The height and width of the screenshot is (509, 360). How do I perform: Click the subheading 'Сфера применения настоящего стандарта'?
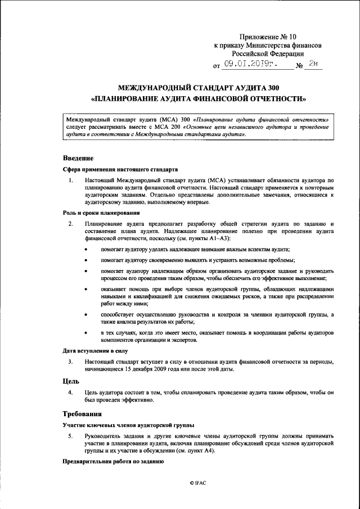(120, 169)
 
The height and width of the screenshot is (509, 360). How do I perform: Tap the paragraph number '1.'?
(71, 180)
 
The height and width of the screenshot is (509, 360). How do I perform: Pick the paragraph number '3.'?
(71, 362)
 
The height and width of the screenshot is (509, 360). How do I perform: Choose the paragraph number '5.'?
(71, 436)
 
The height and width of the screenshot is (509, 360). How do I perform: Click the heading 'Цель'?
(70, 381)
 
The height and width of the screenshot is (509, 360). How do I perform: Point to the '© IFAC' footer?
(198, 483)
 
